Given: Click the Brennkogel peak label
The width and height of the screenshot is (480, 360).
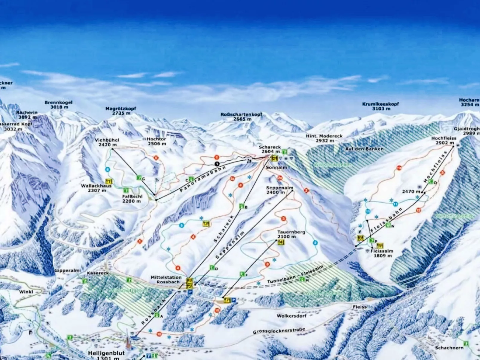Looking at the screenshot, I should coord(59,105).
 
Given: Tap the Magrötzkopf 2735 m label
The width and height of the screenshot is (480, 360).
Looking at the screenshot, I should coord(121,111).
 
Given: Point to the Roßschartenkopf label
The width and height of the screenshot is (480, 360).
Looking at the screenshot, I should coord(241,117).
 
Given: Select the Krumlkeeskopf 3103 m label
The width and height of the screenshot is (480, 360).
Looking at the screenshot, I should coord(380,106).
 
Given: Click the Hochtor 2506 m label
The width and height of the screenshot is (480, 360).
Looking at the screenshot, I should coord(156,141).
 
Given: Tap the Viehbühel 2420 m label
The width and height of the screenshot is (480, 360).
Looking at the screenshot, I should coord(107,142).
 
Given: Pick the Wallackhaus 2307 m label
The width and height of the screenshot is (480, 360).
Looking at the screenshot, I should coord(96,188).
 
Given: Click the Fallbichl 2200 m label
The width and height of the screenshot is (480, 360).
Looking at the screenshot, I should coord(132,199).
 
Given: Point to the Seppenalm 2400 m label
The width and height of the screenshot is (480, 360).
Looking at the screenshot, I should coord(279,190).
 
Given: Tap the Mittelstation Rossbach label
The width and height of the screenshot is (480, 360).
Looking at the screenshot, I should coord(166,280).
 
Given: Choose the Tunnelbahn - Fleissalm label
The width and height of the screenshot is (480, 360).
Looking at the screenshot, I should coord(295,275).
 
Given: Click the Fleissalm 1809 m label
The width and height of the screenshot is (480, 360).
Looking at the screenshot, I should coord(382,253).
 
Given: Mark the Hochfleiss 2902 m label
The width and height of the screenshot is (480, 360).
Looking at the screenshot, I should coord(444,140).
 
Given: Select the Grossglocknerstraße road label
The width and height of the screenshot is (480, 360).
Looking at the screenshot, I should coord(279,330).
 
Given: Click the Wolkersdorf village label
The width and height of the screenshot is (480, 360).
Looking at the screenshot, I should coord(291,316).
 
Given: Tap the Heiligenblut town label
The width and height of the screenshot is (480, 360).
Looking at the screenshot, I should coord(106,353).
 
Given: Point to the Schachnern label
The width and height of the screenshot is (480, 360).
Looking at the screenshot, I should coord(449,348).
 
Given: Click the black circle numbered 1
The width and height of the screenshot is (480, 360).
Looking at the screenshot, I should coord(217,164).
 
